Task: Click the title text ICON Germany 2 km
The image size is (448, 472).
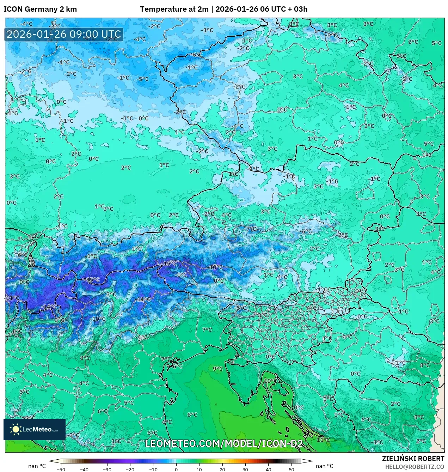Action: tap(40, 9)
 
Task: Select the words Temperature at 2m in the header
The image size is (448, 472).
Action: tap(174, 9)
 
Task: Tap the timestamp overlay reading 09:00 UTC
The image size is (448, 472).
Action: tap(64, 34)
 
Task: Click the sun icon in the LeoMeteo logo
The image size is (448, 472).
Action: tap(16, 429)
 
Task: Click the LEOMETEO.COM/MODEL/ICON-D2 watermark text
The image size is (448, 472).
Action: tap(224, 443)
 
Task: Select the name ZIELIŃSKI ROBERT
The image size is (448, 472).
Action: tap(413, 459)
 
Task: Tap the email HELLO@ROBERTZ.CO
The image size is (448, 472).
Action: tap(414, 467)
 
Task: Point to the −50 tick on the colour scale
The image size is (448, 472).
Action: tap(61, 470)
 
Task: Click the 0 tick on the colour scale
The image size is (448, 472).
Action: tap(176, 470)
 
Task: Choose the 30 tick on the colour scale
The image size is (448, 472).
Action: tap(245, 470)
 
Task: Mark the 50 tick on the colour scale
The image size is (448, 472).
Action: tap(291, 470)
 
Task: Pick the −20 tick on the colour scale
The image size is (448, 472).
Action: tap(130, 470)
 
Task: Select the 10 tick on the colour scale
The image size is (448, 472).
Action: tap(199, 470)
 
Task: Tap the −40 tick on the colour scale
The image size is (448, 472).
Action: tap(84, 470)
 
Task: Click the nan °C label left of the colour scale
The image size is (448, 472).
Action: tap(37, 466)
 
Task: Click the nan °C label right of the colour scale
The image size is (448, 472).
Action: tap(325, 466)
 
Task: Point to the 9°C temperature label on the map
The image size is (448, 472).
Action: tap(217, 369)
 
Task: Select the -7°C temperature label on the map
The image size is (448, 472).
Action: tap(251, 229)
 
